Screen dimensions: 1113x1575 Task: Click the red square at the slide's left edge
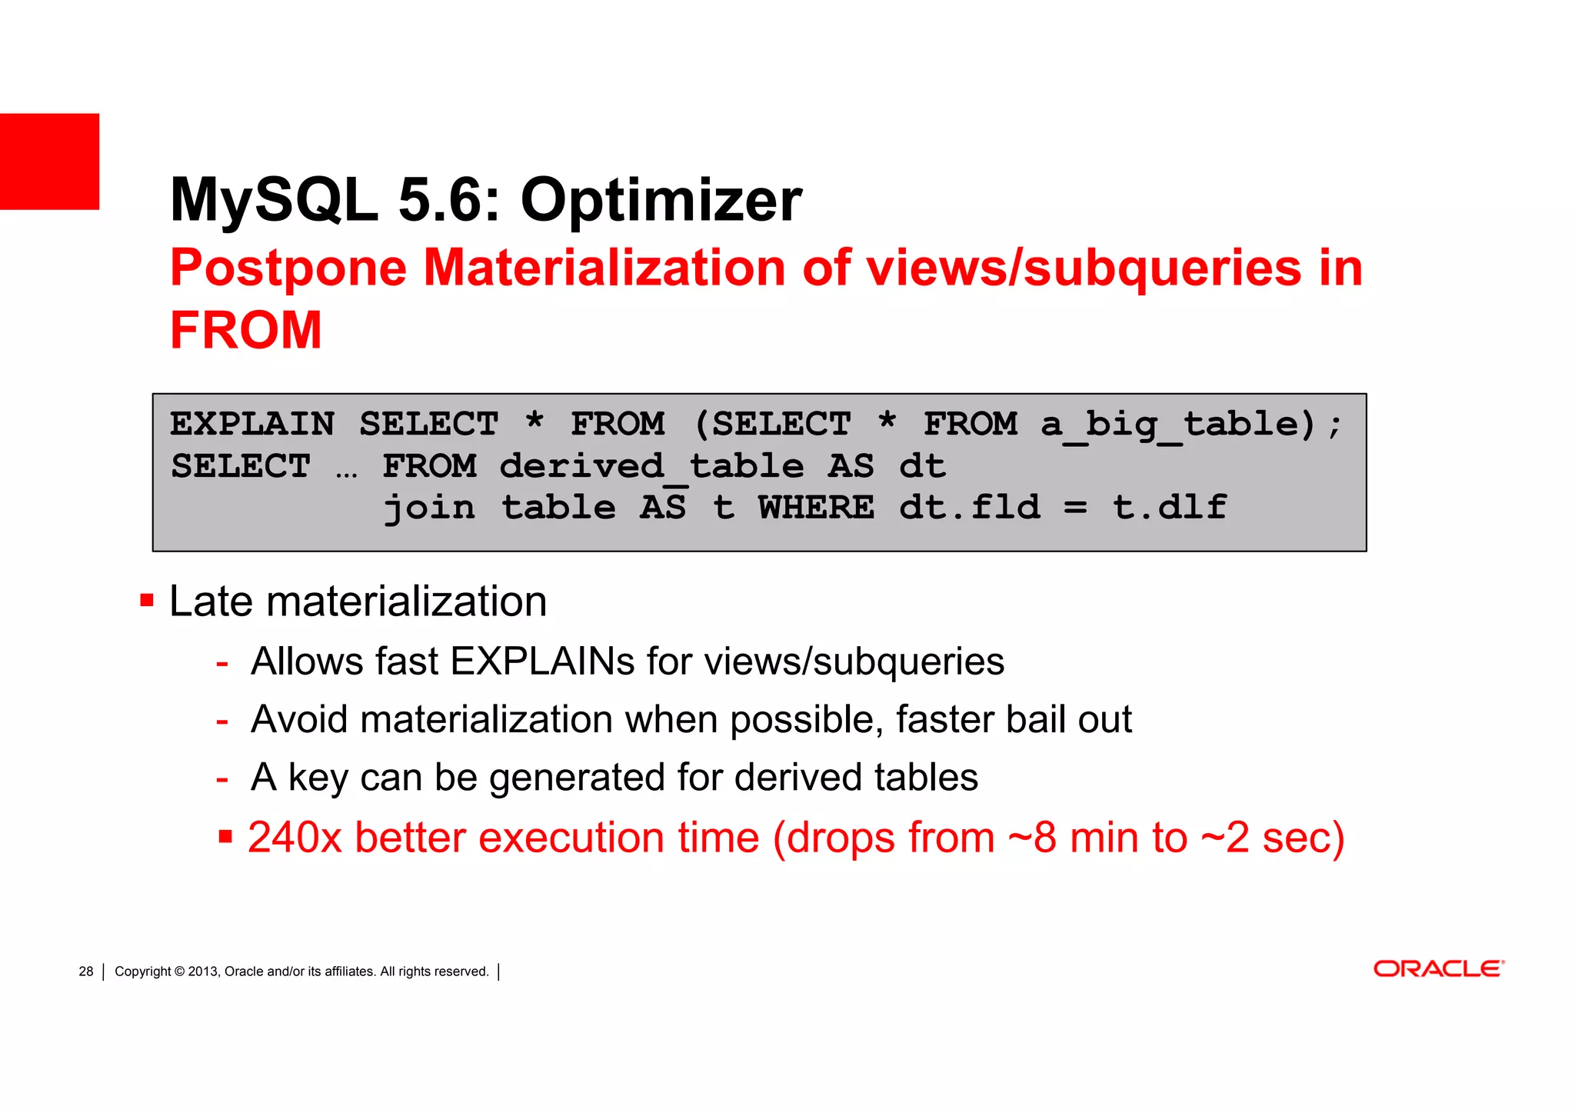coord(49,162)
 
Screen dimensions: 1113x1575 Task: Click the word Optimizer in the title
coord(661,200)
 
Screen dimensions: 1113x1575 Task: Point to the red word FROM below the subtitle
coord(245,331)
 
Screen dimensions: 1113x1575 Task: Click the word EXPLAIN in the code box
coord(252,425)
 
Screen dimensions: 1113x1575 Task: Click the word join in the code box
coord(429,508)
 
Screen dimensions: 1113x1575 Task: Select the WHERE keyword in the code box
coord(816,508)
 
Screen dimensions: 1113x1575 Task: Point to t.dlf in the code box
coord(1169,508)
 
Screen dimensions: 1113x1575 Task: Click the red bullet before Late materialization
coord(147,600)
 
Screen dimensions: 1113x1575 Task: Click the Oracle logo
coord(1438,968)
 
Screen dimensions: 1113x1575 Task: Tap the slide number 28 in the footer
coord(85,971)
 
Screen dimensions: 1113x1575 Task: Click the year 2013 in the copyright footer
coord(203,971)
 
